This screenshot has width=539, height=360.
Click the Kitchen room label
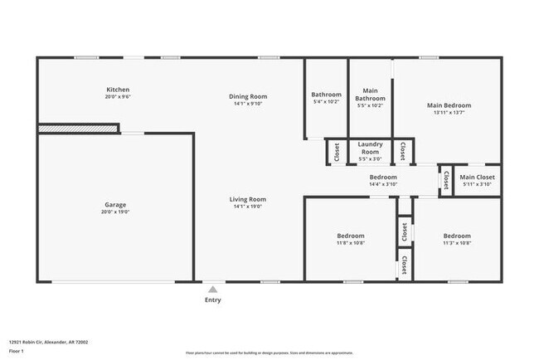(x=118, y=90)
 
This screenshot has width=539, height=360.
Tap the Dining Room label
(x=248, y=96)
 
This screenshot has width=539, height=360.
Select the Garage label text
(x=116, y=204)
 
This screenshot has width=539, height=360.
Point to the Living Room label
(x=248, y=199)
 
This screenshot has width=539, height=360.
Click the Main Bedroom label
(x=449, y=105)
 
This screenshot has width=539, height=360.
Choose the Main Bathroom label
(x=370, y=95)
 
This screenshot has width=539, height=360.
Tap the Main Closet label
(x=478, y=177)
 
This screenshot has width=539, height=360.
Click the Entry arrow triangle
(x=212, y=289)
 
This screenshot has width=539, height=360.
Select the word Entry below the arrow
(x=212, y=300)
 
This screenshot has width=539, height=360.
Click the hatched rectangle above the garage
(x=79, y=129)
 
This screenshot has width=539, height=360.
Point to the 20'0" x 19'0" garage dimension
(x=116, y=212)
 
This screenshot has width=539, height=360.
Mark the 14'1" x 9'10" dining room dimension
(x=248, y=105)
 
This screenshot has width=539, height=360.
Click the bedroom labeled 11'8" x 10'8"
(x=350, y=236)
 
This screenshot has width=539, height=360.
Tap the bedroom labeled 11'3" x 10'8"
(x=457, y=236)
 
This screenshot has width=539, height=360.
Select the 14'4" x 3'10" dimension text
(x=383, y=185)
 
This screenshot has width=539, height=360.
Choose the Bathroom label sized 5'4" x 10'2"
(x=326, y=95)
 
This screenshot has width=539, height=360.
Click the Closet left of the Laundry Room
(x=337, y=152)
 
